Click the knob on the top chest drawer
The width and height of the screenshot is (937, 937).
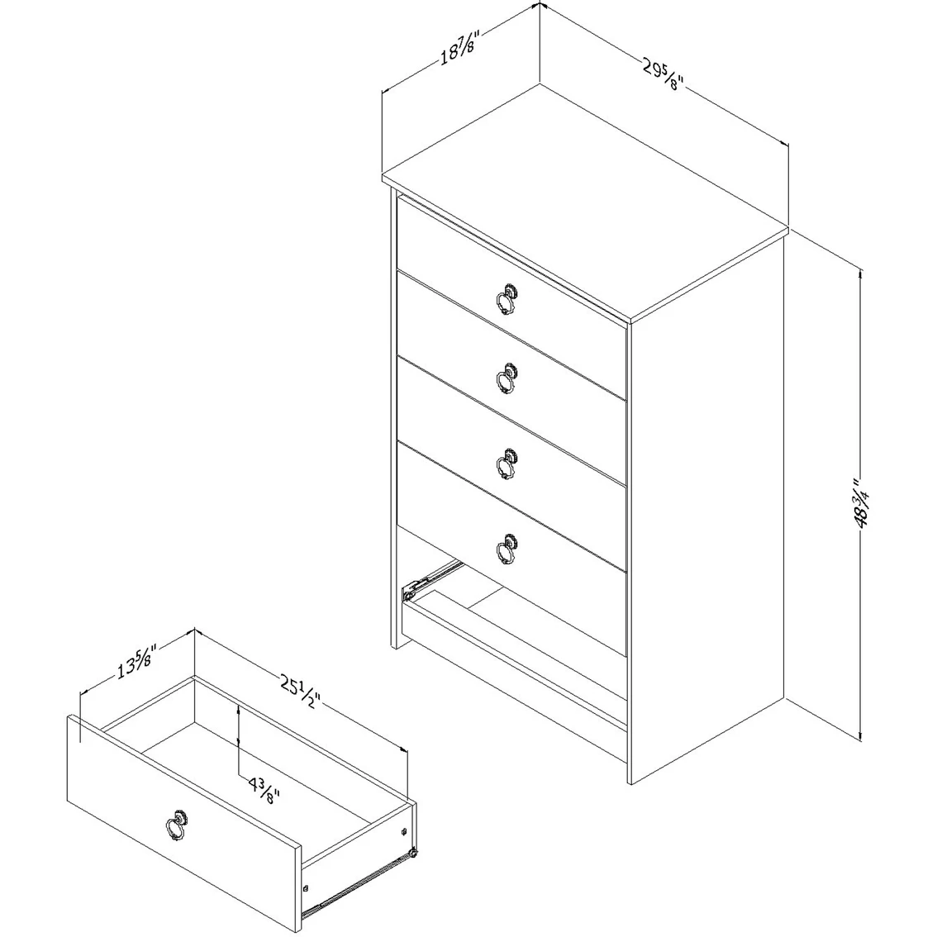point(507,298)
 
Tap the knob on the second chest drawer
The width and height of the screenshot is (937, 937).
point(507,378)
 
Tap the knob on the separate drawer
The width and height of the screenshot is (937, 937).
point(176,825)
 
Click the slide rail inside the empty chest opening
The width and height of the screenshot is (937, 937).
point(430,578)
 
